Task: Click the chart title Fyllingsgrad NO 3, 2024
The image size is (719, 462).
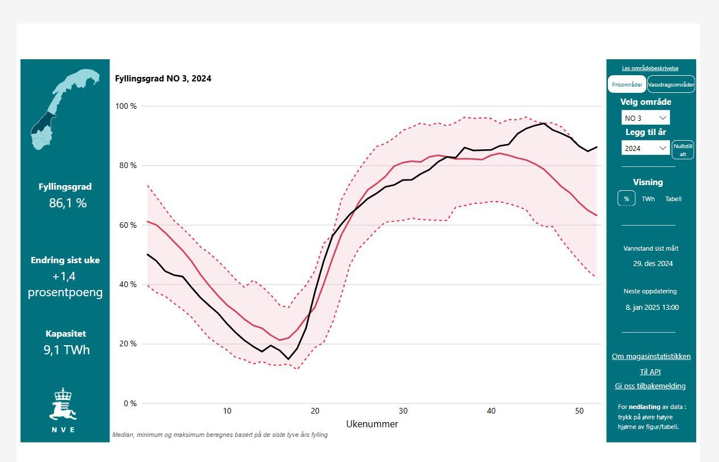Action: coord(163,79)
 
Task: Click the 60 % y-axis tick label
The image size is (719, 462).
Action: coord(128,225)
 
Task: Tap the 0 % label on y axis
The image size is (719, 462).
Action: coord(130,403)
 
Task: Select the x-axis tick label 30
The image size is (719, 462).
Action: coord(403,411)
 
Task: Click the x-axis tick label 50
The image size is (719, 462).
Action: coord(579,411)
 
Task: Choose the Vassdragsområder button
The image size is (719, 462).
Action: coord(671,84)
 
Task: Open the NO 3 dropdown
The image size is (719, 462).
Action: coord(646,118)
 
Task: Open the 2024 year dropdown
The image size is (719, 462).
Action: coord(646,148)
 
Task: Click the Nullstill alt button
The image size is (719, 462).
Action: coord(683,150)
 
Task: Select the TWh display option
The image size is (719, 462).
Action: coord(648,199)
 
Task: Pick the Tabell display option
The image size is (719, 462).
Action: coord(673,199)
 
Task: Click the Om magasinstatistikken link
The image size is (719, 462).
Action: coord(651,356)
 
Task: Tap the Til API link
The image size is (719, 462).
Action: coord(650,371)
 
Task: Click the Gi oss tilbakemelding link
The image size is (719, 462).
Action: coord(650,386)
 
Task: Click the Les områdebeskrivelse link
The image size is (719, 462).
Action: coord(650,68)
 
